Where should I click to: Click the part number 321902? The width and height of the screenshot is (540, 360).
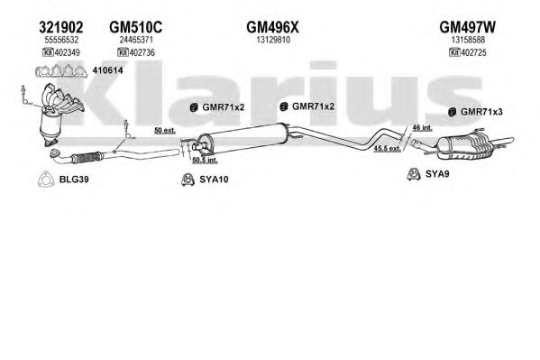pyautogui.click(x=61, y=27)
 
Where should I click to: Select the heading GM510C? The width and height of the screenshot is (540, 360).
pyautogui.click(x=136, y=27)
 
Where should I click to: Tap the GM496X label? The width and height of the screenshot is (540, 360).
pyautogui.click(x=272, y=27)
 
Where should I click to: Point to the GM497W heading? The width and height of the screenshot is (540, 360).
pyautogui.click(x=467, y=27)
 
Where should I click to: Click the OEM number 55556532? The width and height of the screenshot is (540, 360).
pyautogui.click(x=61, y=40)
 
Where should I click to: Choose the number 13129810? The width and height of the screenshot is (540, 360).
pyautogui.click(x=273, y=40)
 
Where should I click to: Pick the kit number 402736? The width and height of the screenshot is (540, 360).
pyautogui.click(x=142, y=52)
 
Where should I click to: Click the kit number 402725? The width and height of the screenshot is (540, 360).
pyautogui.click(x=473, y=52)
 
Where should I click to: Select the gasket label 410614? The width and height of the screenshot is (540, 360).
pyautogui.click(x=107, y=70)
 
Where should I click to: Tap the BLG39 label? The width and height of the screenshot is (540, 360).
pyautogui.click(x=74, y=180)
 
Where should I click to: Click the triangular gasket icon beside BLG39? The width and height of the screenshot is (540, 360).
pyautogui.click(x=46, y=180)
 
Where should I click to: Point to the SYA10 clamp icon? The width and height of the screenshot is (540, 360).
pyautogui.click(x=188, y=180)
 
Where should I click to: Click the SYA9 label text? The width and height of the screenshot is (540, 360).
pyautogui.click(x=437, y=174)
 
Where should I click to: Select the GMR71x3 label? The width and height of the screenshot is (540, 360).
pyautogui.click(x=481, y=112)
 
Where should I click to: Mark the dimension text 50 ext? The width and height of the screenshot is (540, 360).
pyautogui.click(x=165, y=130)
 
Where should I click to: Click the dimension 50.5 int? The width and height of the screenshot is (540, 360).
pyautogui.click(x=205, y=160)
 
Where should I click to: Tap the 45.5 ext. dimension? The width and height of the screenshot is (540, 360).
pyautogui.click(x=388, y=148)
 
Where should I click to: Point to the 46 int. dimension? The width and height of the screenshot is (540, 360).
pyautogui.click(x=422, y=127)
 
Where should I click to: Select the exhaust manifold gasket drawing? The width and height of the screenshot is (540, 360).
pyautogui.click(x=61, y=71)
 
